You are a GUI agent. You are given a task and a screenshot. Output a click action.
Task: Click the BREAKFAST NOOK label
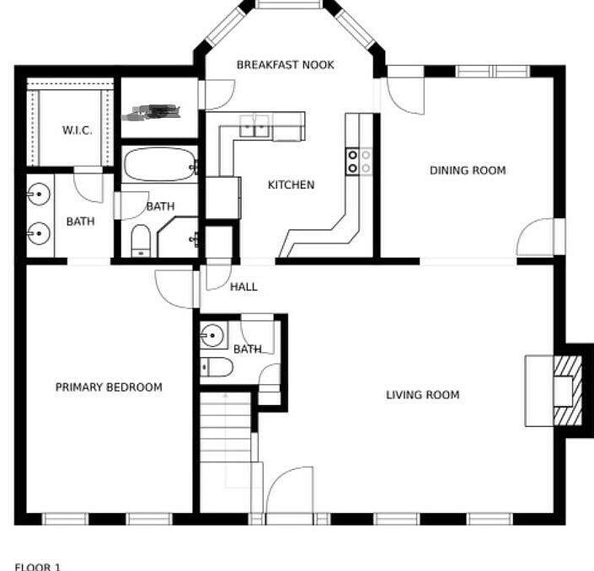pyautogui.click(x=286, y=65)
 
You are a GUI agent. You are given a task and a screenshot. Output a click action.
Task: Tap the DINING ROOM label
pyautogui.click(x=468, y=170)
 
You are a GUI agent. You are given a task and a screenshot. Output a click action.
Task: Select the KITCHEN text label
pyautogui.click(x=291, y=185)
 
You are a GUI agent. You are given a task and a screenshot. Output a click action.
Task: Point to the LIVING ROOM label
pyautogui.click(x=423, y=394)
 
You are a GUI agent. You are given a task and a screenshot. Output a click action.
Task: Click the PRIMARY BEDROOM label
pyautogui.click(x=109, y=387)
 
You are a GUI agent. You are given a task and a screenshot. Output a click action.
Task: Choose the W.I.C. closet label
pyautogui.click(x=77, y=131)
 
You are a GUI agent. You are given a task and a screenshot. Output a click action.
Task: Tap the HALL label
pyautogui.click(x=243, y=286)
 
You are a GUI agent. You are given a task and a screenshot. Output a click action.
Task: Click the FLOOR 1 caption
pyautogui.click(x=38, y=567)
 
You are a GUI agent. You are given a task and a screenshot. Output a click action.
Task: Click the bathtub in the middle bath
pyautogui.click(x=159, y=165)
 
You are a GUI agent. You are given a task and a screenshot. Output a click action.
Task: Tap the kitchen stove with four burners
pyautogui.click(x=359, y=161)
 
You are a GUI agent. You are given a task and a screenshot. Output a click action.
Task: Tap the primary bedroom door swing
pyautogui.click(x=174, y=289)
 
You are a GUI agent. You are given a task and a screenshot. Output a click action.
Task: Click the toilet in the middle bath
pyautogui.click(x=141, y=240)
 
